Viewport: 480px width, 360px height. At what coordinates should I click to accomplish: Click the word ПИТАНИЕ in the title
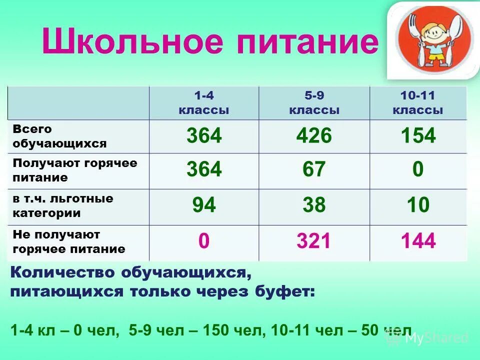(x=307, y=41)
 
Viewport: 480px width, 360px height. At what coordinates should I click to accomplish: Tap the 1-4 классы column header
(x=203, y=103)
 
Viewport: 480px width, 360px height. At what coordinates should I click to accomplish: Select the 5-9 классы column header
(x=314, y=103)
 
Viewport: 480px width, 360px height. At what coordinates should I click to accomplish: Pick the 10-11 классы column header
(x=418, y=103)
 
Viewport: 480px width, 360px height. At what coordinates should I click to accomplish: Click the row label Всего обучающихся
(x=60, y=136)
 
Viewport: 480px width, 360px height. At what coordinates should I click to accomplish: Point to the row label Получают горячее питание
(x=75, y=170)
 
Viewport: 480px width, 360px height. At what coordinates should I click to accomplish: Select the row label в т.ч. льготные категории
(x=63, y=206)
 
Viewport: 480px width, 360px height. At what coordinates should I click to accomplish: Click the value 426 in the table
(x=314, y=136)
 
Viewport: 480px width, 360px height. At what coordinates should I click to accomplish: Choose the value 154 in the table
(x=418, y=136)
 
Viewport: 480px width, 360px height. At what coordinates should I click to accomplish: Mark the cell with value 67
(x=314, y=170)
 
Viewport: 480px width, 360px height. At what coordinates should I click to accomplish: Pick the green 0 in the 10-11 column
(x=418, y=170)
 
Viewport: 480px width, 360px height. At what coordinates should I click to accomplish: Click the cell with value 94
(x=203, y=205)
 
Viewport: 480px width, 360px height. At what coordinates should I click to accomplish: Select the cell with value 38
(x=314, y=205)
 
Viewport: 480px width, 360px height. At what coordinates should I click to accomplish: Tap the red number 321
(x=314, y=241)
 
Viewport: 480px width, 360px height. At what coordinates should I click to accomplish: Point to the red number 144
(x=418, y=241)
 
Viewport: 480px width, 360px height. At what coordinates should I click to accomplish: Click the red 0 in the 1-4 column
(x=203, y=241)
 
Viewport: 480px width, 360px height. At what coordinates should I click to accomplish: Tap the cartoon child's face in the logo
(x=434, y=35)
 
